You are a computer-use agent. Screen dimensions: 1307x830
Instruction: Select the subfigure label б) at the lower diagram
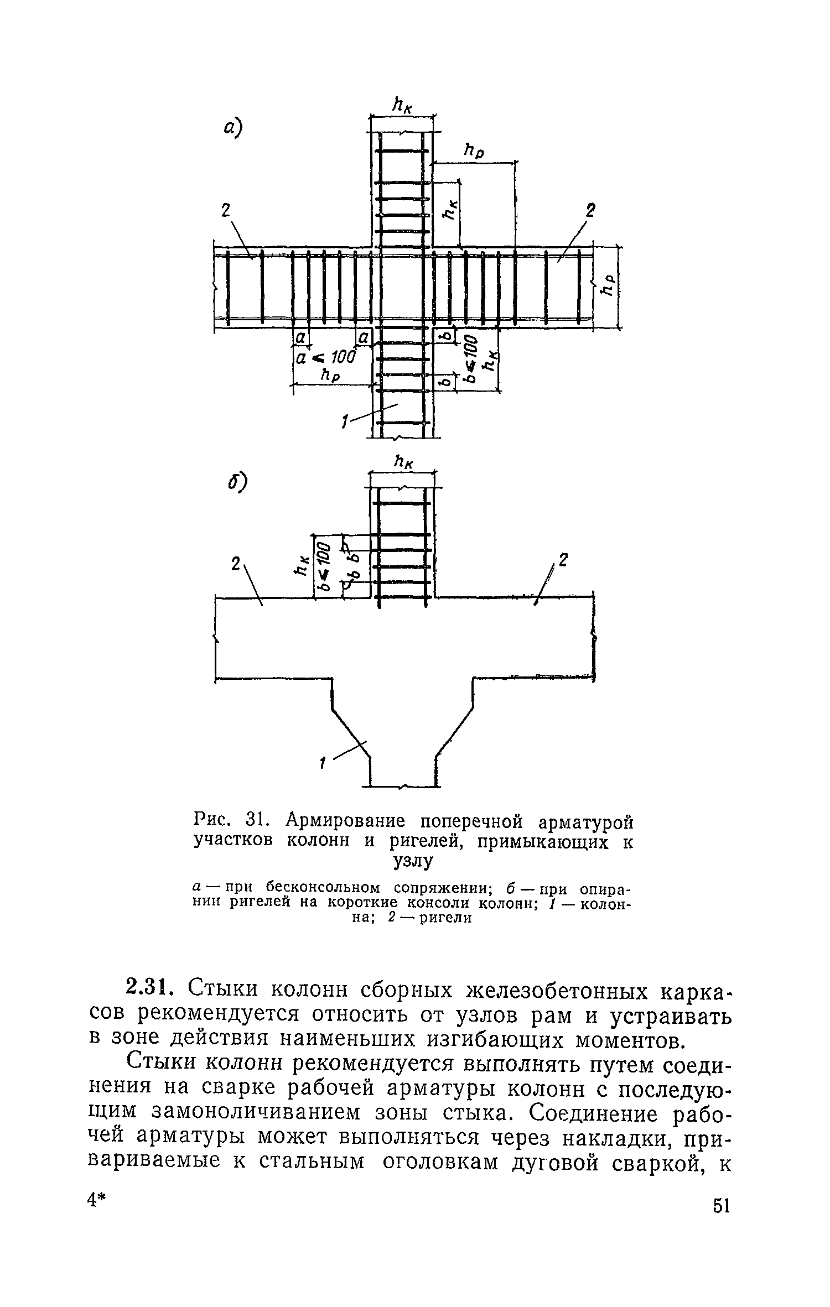pyautogui.click(x=236, y=483)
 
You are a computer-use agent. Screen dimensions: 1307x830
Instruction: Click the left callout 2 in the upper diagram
pyautogui.click(x=225, y=211)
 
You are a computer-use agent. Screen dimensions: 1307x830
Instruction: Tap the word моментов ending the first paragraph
pyautogui.click(x=626, y=1039)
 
